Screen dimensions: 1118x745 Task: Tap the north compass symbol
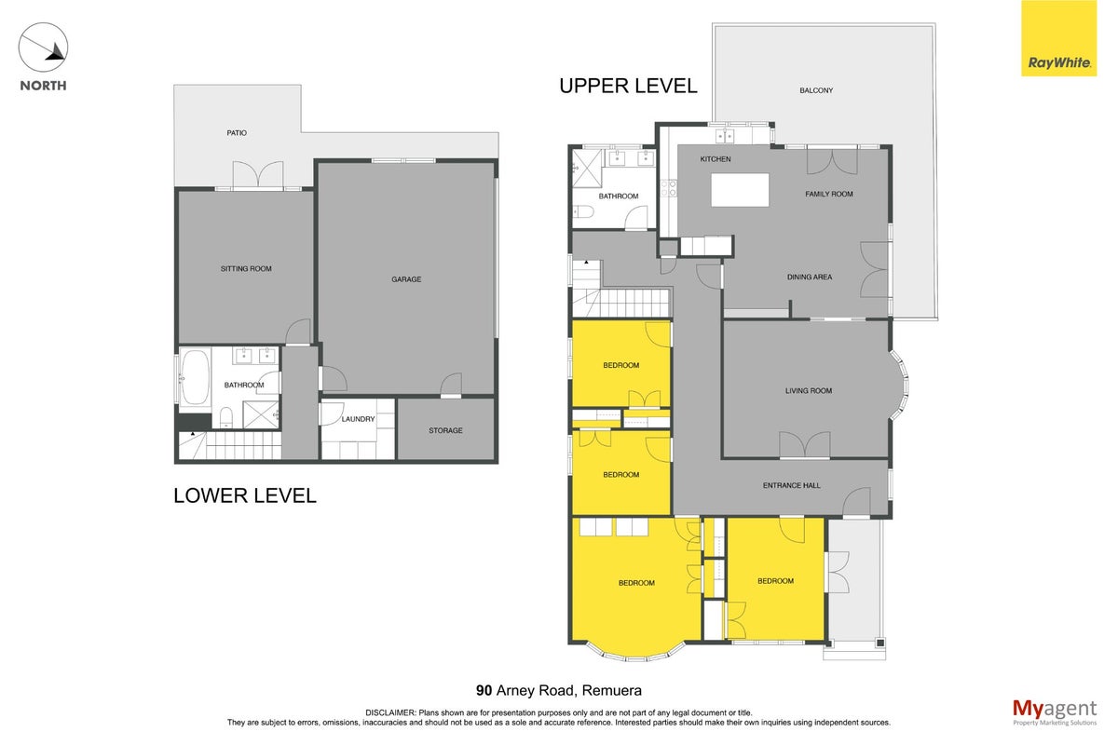coord(43,47)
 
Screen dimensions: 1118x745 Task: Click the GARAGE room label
coord(406,279)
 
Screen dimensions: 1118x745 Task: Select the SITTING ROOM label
coord(246,268)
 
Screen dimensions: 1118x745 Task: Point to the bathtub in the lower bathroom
coord(194,377)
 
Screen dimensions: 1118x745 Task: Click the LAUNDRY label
coord(358,419)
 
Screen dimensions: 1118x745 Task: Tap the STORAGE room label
coord(445,430)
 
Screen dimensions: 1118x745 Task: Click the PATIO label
coord(237,133)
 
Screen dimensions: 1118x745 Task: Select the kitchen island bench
coord(740,190)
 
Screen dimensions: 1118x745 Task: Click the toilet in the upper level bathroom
coord(583,212)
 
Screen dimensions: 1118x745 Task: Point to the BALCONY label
coord(816,90)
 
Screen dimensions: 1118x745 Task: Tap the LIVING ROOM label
coord(809,391)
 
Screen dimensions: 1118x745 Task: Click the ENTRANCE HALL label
coord(792,485)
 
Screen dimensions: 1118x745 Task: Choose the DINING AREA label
coord(810,277)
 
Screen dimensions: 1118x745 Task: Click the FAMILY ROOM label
coord(829,194)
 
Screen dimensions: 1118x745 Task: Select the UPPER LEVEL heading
coord(628,86)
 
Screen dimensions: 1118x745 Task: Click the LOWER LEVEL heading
coord(244,495)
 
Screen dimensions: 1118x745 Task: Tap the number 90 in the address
coord(484,690)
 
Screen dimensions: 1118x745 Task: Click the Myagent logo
coord(1055,712)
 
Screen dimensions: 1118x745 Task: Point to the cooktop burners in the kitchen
coord(669,189)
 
